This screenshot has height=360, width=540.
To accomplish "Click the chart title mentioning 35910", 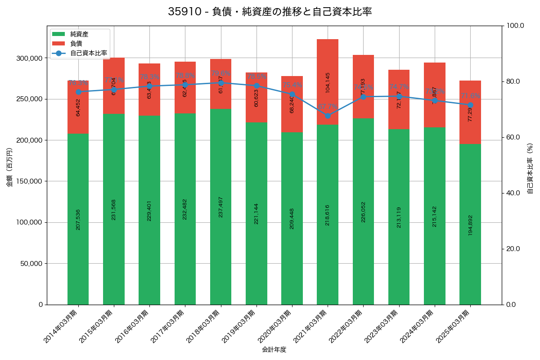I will [270, 12].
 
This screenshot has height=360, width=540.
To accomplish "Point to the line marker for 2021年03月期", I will [328, 116].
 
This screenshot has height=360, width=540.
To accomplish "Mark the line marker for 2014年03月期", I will [78, 92].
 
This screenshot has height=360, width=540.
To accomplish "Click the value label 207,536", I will [78, 219].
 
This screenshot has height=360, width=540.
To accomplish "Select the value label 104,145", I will [328, 82].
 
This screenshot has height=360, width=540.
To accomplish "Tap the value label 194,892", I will [470, 225].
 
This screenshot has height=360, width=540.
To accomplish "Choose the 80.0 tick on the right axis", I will [513, 81].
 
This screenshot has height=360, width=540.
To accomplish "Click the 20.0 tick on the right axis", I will [513, 249].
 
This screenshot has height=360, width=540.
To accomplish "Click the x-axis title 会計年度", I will [274, 349].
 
